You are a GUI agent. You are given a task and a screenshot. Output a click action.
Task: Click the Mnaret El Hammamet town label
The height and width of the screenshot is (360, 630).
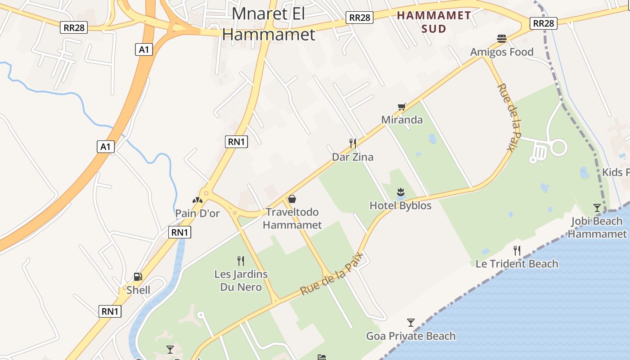268,24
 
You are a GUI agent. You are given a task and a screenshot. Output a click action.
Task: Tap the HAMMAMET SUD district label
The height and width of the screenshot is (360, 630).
434,22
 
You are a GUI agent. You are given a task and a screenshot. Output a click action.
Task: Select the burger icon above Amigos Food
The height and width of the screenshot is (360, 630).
502,39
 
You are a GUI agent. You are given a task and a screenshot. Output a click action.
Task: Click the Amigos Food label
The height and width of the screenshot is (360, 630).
502,52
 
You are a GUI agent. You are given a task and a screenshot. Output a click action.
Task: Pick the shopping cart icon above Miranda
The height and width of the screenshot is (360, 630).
402,107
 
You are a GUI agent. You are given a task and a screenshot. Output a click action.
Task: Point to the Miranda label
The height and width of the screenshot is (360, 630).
402,120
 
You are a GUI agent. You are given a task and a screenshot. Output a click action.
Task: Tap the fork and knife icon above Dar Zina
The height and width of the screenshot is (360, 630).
353,144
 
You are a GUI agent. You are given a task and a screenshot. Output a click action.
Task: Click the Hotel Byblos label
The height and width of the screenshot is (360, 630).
400,206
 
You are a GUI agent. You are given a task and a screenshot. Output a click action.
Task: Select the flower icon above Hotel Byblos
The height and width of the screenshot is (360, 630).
400,193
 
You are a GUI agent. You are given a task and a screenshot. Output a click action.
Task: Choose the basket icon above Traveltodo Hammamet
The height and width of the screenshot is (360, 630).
292,199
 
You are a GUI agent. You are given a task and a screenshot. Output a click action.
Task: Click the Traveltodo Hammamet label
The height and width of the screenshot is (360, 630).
292,218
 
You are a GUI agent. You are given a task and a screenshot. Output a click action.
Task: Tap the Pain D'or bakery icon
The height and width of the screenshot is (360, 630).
198,200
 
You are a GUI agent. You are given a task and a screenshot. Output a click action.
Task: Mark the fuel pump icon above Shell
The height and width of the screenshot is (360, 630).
138,277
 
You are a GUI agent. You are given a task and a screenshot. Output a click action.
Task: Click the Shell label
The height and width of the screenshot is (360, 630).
138,290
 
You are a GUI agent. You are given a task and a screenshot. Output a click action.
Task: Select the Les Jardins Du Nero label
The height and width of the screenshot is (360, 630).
241,280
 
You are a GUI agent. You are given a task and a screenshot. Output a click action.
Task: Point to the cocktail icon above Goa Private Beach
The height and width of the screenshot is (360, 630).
410,322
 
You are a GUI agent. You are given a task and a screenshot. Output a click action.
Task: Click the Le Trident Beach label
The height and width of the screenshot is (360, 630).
517,264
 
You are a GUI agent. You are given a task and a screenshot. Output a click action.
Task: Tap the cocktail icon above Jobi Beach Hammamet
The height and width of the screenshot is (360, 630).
597,207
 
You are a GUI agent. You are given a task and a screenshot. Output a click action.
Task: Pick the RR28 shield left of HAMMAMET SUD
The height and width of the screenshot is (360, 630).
360,18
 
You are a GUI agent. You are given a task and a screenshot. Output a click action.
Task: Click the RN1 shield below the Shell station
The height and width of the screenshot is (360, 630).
110,311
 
